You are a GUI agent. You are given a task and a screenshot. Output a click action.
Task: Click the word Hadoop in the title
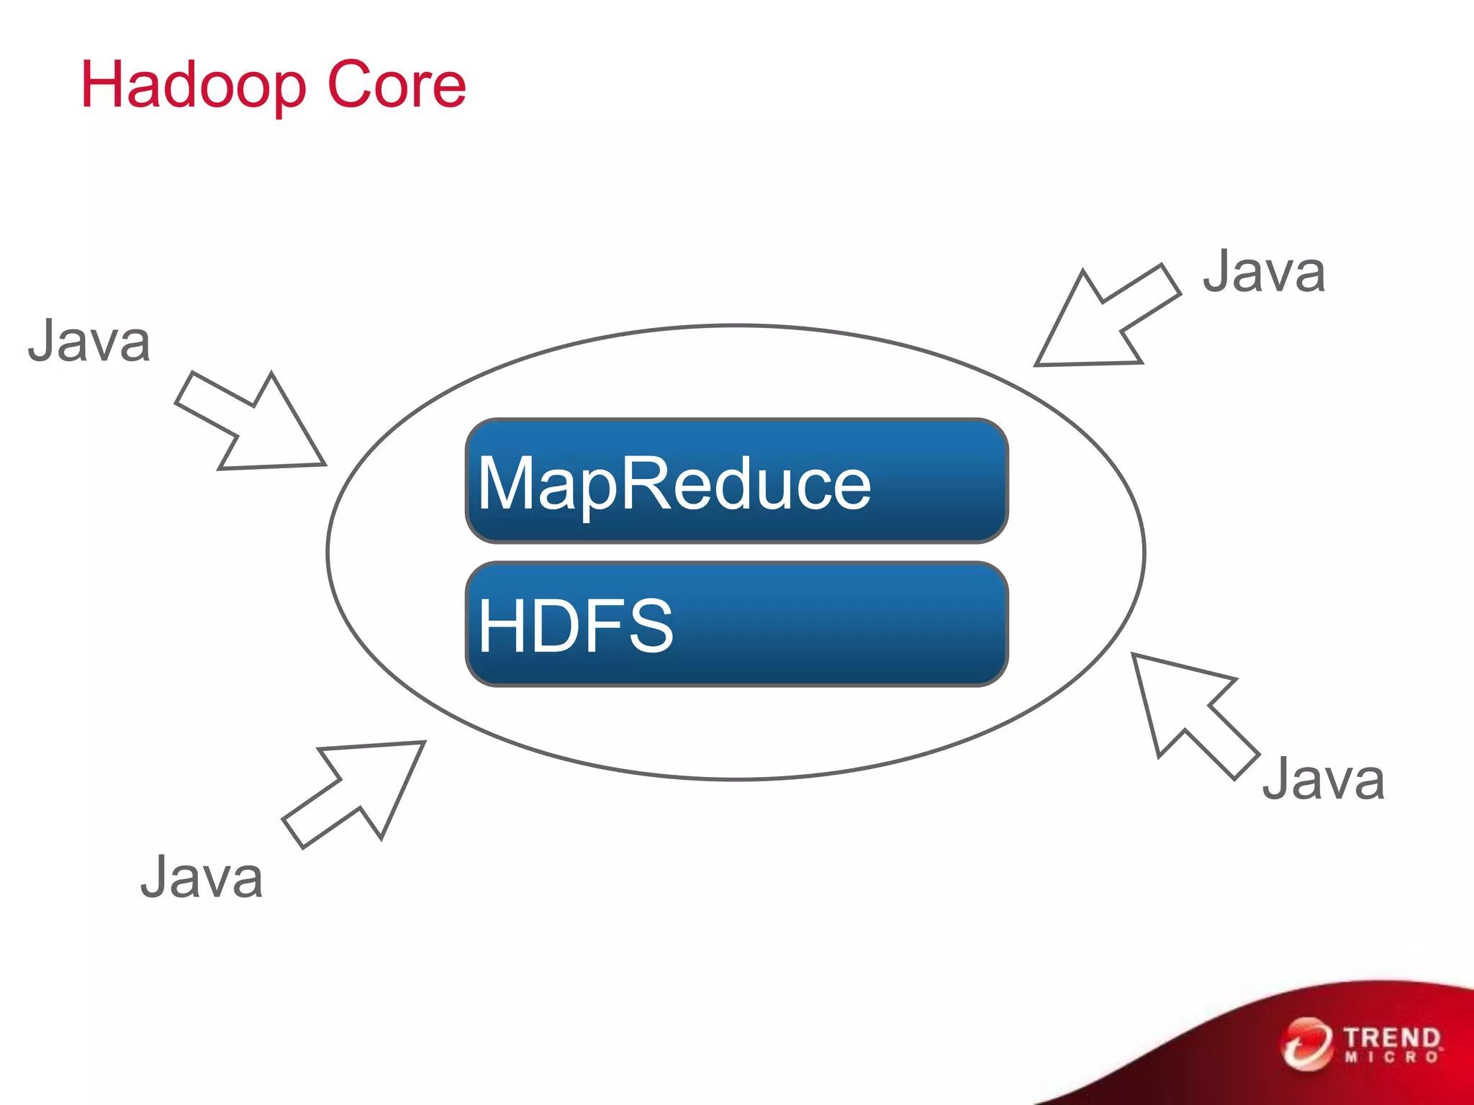click(x=193, y=86)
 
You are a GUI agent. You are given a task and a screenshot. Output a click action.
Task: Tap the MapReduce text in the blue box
click(x=674, y=483)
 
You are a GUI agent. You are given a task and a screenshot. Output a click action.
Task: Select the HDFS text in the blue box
click(x=575, y=626)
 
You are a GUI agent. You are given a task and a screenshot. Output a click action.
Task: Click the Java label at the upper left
click(x=89, y=341)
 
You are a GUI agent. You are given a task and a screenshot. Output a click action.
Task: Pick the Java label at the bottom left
click(x=202, y=878)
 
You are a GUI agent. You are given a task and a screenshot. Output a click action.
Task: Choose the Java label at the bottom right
click(x=1323, y=779)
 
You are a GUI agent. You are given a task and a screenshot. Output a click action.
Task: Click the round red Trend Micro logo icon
click(x=1306, y=1044)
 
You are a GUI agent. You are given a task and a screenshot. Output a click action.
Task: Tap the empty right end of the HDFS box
click(x=864, y=624)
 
